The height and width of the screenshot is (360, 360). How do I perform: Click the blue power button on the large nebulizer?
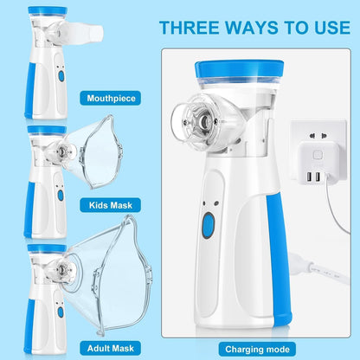(x=209, y=227)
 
